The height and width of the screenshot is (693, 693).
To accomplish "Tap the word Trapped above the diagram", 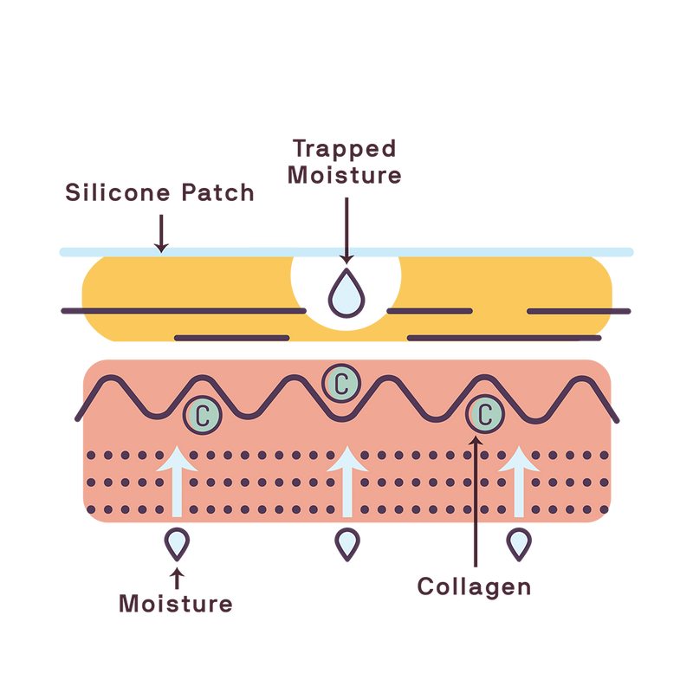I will pyautogui.click(x=344, y=147).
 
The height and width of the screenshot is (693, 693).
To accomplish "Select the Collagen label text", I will pyautogui.click(x=473, y=586).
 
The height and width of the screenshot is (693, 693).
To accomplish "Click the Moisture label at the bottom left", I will pyautogui.click(x=175, y=602).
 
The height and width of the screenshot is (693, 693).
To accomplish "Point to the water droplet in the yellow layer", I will pyautogui.click(x=346, y=293).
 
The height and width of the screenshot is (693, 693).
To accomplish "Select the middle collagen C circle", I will pyautogui.click(x=341, y=384).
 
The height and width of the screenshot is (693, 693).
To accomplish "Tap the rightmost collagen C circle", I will pyautogui.click(x=485, y=414).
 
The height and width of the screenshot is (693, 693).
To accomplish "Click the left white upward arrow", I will pyautogui.click(x=177, y=481).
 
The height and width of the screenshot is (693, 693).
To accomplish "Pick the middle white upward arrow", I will pyautogui.click(x=347, y=481).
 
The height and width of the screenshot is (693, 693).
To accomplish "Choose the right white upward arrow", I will pyautogui.click(x=519, y=481).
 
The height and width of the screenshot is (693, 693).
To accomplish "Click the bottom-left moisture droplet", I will pyautogui.click(x=177, y=543).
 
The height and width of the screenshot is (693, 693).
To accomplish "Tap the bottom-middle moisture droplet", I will pyautogui.click(x=347, y=543).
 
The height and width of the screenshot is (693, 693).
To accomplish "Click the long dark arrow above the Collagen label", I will pyautogui.click(x=476, y=502).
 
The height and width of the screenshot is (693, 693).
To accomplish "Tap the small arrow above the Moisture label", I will pyautogui.click(x=177, y=576).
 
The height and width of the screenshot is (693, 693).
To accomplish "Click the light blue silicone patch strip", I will pyautogui.click(x=485, y=252).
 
